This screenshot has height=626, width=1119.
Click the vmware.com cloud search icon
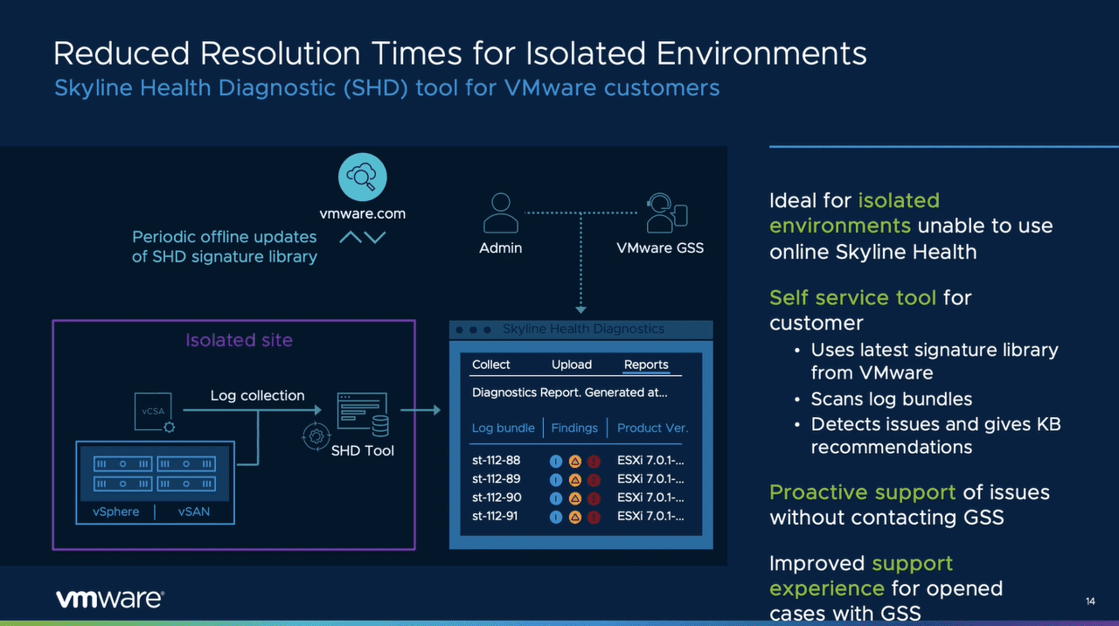[362, 177]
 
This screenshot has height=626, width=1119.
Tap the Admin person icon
[500, 212]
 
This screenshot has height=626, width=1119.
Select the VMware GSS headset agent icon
[666, 212]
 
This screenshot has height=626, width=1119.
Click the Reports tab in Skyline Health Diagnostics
[646, 365]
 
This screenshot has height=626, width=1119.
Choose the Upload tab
[572, 365]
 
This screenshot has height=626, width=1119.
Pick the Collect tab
[491, 365]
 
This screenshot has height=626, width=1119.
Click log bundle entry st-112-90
[497, 497]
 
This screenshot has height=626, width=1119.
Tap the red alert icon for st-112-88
[594, 461]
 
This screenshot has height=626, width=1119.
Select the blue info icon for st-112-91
[556, 517]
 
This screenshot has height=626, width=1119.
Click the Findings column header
[574, 428]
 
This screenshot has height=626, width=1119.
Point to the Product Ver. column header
[652, 428]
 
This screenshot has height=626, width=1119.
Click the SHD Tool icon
[361, 415]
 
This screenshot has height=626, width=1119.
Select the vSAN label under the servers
[194, 511]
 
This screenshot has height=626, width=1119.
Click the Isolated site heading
[239, 340]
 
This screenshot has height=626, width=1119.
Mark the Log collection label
[257, 395]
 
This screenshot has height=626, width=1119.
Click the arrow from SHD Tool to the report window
[420, 409]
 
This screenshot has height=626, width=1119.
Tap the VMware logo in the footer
[109, 599]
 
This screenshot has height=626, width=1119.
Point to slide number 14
[1089, 601]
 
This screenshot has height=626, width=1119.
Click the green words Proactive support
[862, 492]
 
